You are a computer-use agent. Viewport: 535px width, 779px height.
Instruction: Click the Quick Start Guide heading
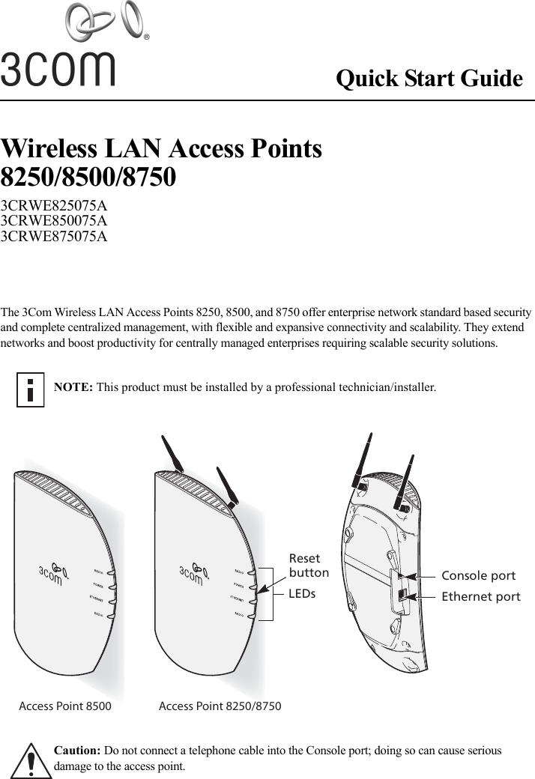point(429,79)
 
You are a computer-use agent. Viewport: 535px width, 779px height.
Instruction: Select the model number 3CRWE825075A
point(54,205)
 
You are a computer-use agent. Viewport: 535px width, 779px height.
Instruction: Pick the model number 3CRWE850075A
point(54,221)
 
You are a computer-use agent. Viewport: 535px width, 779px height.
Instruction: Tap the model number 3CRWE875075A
point(54,237)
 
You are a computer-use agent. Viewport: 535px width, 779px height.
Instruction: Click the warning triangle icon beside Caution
point(28,760)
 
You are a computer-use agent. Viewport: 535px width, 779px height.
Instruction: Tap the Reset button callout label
point(309,566)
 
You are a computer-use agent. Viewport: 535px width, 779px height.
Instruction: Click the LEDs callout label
point(302,594)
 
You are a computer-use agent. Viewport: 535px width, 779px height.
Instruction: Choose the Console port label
point(478,576)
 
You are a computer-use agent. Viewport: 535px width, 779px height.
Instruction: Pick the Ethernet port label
point(480,597)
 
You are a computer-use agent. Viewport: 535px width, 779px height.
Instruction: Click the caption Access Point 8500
point(65,706)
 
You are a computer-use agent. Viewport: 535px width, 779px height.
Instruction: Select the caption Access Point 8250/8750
point(220,706)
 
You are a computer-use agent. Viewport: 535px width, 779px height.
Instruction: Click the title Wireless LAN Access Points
point(162,148)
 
